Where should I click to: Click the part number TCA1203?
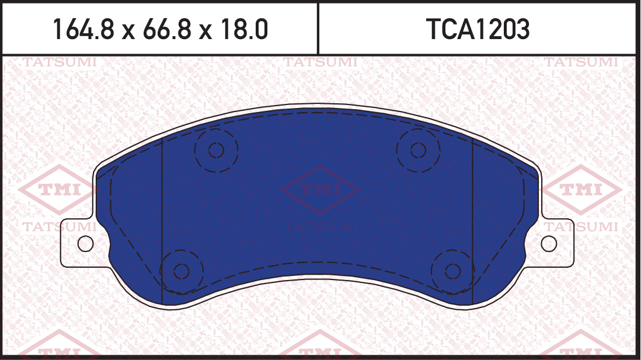tap(478, 29)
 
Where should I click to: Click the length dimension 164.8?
tap(83, 29)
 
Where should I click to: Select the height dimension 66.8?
tap(167, 29)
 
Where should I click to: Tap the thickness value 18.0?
tap(244, 29)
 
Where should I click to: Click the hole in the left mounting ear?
tap(85, 244)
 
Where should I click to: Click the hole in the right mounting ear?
tap(549, 244)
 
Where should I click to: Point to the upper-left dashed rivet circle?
tap(216, 129)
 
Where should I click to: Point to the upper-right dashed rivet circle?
tap(418, 129)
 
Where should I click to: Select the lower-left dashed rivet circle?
tap(182, 250)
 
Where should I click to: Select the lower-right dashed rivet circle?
tap(452, 250)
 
